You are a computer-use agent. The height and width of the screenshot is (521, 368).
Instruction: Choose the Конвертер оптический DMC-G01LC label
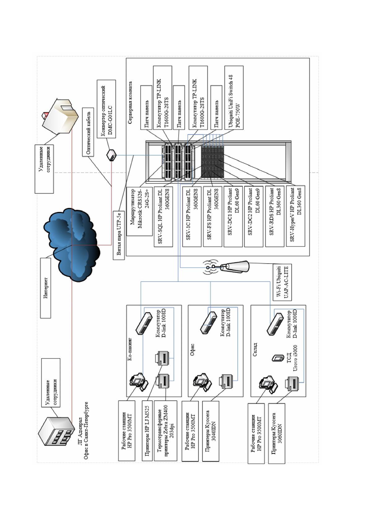(x=106, y=109)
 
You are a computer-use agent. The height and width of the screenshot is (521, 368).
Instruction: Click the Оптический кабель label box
(x=88, y=132)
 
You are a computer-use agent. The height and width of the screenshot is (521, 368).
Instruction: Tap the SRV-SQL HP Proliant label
(x=163, y=217)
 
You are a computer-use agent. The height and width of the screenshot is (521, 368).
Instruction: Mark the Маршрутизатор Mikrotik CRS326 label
(x=139, y=211)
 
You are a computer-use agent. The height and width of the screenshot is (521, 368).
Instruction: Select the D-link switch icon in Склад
(x=275, y=324)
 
